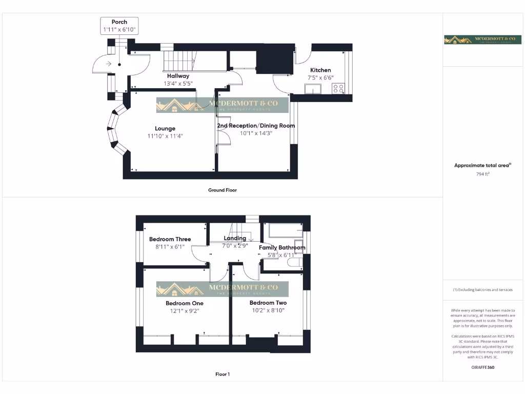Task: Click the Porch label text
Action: point(119,22)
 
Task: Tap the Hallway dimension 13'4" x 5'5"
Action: point(178,84)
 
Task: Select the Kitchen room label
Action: point(320,70)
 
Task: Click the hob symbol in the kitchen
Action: point(338,88)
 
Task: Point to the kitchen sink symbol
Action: point(312,89)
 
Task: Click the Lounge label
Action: point(165,129)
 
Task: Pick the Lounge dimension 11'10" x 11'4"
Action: point(165,136)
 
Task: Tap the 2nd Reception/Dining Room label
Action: point(256,126)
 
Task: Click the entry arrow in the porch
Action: point(109,64)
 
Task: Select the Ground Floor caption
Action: point(223,190)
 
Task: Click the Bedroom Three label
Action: point(170,239)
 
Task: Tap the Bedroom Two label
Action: point(268,303)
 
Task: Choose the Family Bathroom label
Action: point(282,248)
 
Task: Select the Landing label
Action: point(235,238)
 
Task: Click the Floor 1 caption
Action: point(223,375)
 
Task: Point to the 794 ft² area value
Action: point(483,174)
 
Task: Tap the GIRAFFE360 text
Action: point(482,367)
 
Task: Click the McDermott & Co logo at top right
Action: point(482,40)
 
